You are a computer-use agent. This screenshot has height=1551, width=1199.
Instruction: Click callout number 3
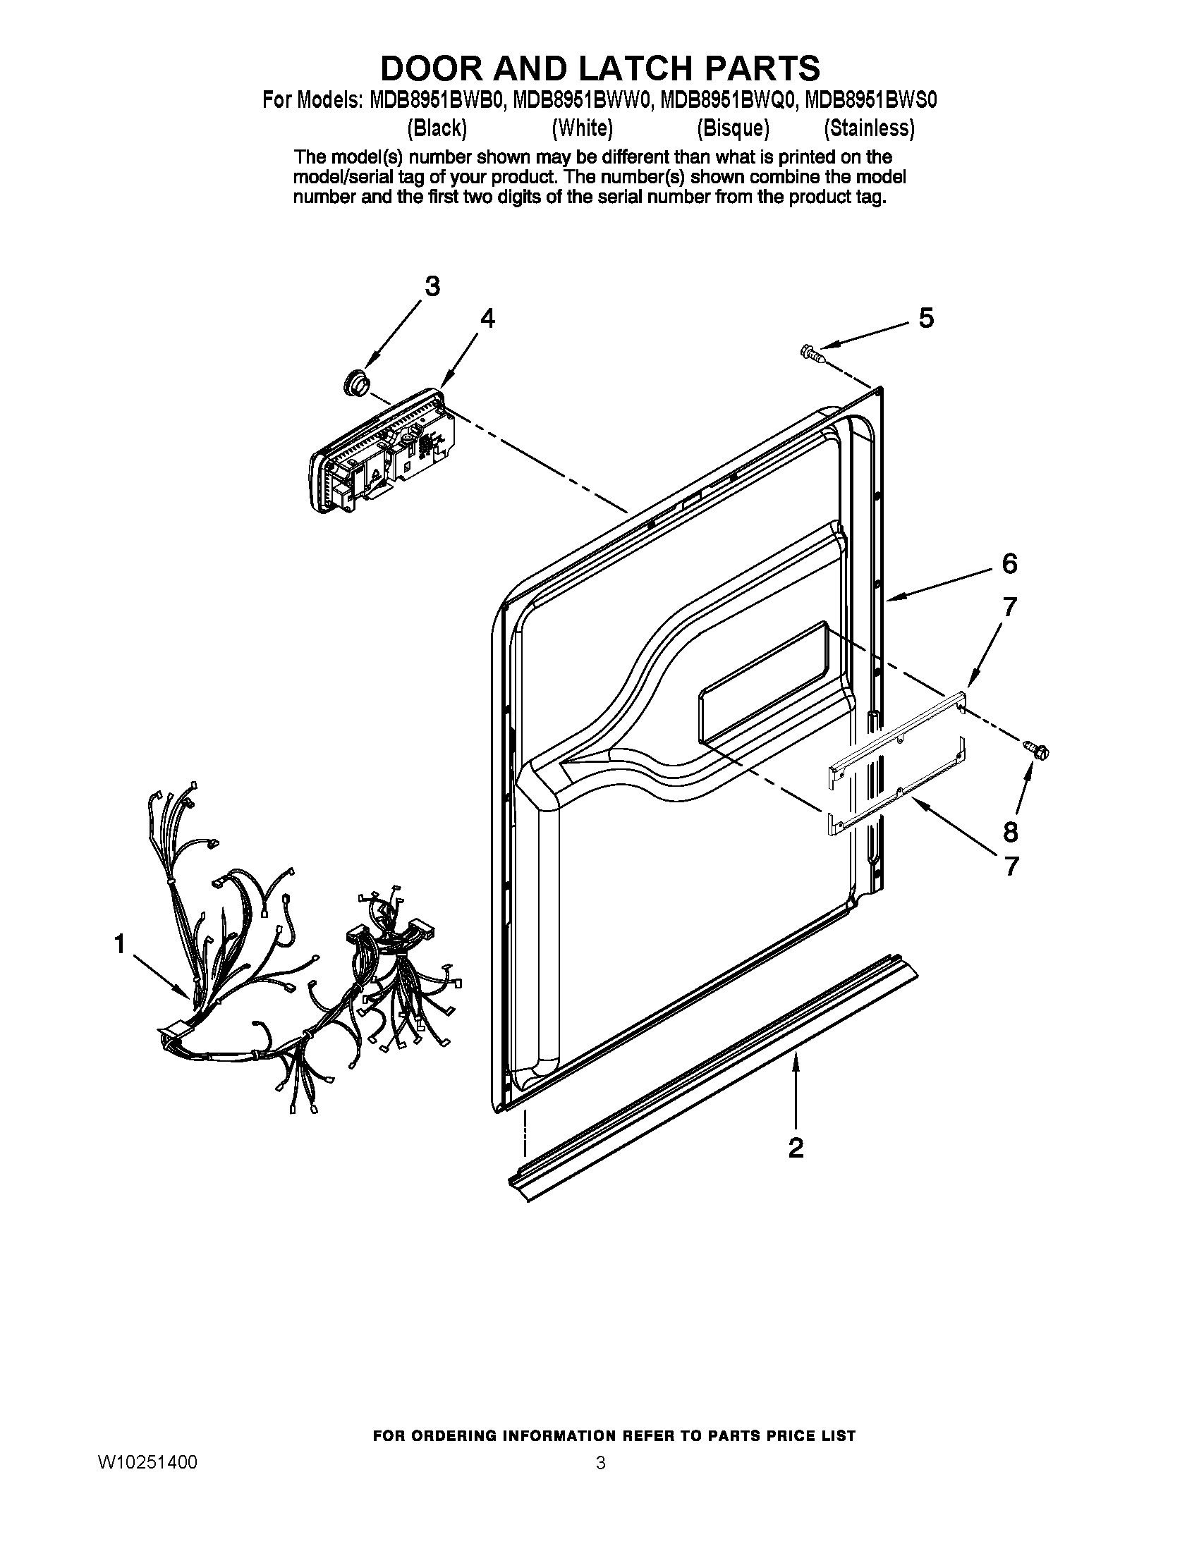[x=432, y=287]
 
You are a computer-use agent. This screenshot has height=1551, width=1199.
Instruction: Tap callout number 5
[x=926, y=319]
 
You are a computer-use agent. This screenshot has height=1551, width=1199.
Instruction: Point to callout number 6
[x=1009, y=563]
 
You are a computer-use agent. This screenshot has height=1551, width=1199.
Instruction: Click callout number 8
[x=1010, y=832]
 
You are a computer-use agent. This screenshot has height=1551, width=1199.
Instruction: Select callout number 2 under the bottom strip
[x=796, y=1147]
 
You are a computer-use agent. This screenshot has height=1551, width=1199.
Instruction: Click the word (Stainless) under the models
[x=869, y=128]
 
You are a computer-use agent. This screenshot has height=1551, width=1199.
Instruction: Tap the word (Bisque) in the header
[x=733, y=128]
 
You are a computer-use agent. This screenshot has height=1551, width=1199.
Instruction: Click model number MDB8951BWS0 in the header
[x=871, y=101]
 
